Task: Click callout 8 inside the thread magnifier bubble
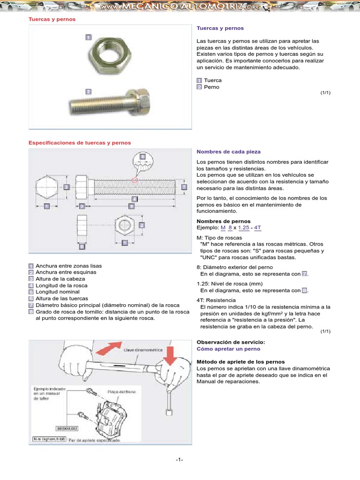pos(142,156)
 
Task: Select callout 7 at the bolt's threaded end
pos(184,187)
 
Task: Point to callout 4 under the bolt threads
pos(135,198)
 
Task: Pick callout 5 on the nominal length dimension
pos(131,206)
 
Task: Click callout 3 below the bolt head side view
pos(82,206)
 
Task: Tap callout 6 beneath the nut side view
pos(82,245)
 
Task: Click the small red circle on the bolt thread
pos(135,180)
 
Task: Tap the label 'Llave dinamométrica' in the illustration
pos(140,350)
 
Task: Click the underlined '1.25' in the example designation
pos(243,227)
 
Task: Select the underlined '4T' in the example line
pos(257,227)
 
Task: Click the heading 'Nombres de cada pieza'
pos(228,152)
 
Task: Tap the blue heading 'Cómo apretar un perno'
pos(228,349)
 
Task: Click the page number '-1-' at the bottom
pos(180,459)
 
